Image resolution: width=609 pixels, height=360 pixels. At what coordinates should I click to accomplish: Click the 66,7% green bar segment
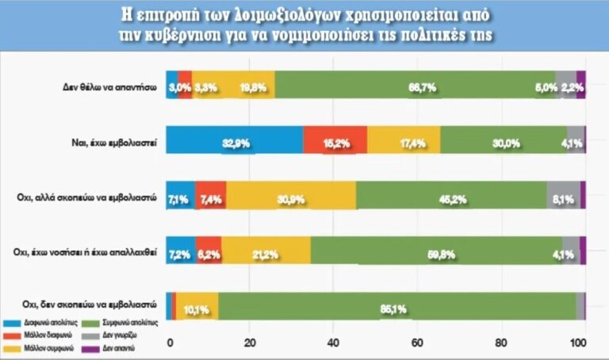pos(415,86)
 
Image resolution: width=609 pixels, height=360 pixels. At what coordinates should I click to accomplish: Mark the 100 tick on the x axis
pos(580,343)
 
